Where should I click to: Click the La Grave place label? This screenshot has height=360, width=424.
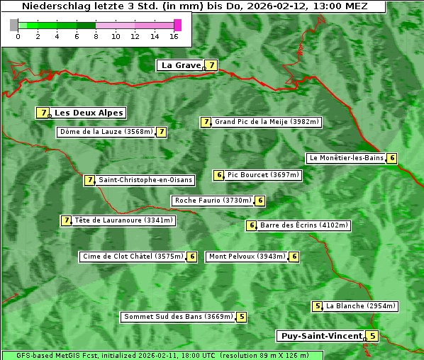coord(181,65)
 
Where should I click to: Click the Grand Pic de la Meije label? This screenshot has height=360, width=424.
coord(267,122)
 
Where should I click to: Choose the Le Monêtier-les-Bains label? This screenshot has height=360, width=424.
coord(345,158)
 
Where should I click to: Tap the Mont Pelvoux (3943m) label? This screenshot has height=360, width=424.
coord(246,257)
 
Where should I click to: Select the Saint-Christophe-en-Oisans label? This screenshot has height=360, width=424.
coord(145,180)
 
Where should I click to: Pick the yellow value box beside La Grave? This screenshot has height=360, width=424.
coord(211,65)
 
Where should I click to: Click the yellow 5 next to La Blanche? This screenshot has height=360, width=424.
coord(318,306)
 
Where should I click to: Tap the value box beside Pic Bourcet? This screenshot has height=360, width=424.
coord(219,175)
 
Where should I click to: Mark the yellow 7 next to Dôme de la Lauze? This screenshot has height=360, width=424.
coord(162,132)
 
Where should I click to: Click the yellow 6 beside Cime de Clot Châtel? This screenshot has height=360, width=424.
coord(191,257)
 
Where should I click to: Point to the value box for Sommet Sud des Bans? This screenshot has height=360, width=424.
coord(242,317)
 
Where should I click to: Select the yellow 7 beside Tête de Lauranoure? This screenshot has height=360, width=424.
coord(67,220)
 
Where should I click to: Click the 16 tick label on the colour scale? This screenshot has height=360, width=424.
coord(174,36)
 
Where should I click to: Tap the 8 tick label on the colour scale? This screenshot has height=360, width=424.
coord(96,36)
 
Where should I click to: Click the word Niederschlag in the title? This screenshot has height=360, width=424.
coord(53,6)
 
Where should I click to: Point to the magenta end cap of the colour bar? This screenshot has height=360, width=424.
coord(177,25)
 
